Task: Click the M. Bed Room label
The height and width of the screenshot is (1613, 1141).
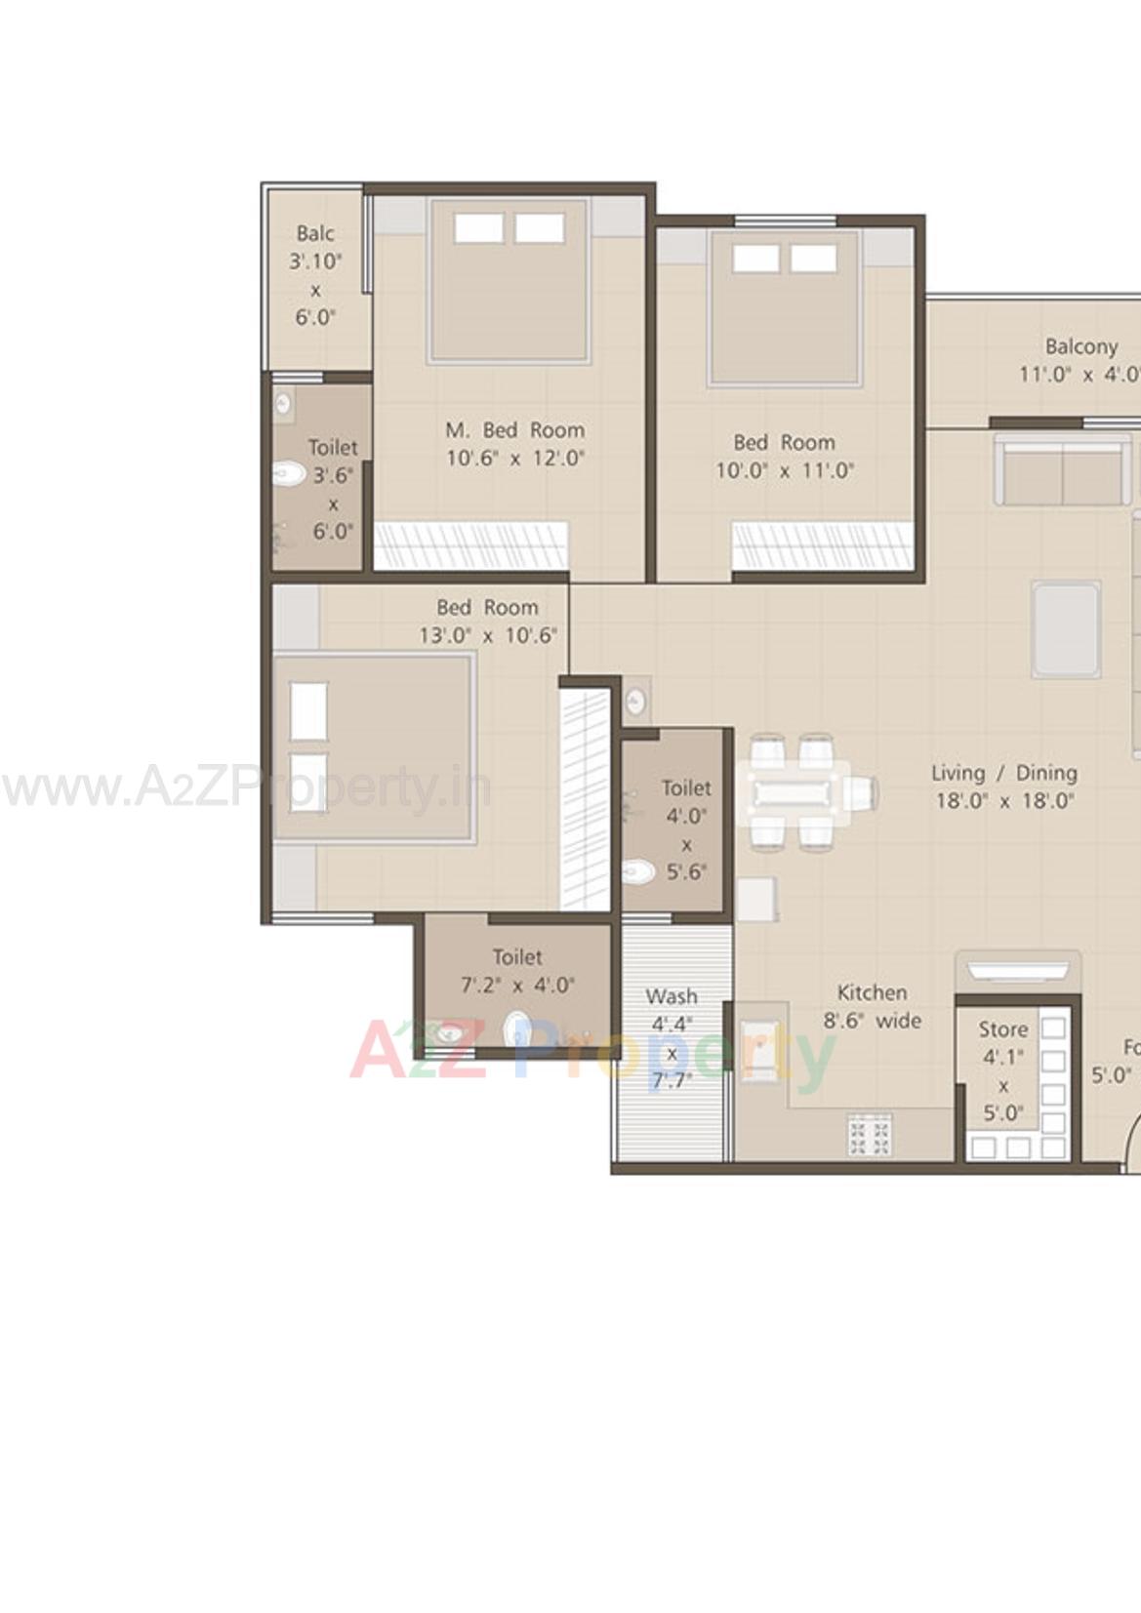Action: click(514, 430)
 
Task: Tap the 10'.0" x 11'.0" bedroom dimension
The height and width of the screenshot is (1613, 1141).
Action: click(784, 470)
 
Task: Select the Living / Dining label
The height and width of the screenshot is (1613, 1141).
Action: click(1004, 773)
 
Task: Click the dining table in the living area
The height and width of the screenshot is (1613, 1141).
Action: click(793, 791)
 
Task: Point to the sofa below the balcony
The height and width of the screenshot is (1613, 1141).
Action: click(1062, 472)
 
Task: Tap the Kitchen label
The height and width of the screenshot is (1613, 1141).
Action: click(872, 992)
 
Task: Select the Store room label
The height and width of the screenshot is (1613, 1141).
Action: click(1003, 1029)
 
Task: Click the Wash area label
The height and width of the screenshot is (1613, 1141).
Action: click(672, 996)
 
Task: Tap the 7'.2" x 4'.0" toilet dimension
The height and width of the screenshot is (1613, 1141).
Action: click(517, 986)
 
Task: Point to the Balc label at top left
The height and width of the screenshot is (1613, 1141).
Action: click(315, 233)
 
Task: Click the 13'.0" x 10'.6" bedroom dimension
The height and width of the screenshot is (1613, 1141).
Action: click(487, 635)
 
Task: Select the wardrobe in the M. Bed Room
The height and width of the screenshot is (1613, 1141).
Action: click(470, 545)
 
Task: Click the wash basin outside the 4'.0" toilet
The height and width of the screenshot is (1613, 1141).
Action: click(635, 700)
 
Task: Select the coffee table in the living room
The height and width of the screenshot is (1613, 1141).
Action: click(1066, 629)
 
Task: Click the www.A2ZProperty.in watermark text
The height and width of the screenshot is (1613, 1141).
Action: click(244, 788)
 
